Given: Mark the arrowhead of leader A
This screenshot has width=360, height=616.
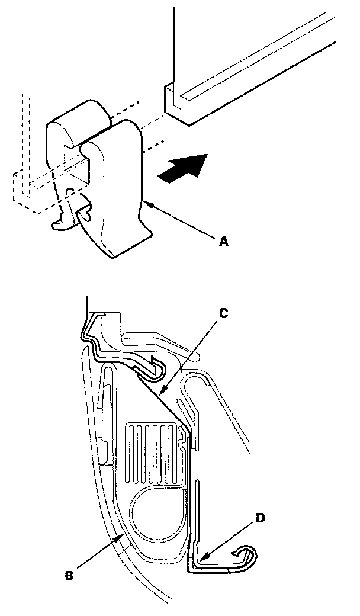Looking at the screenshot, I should coord(144,203).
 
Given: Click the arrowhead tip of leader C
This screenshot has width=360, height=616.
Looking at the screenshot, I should coord(161,392).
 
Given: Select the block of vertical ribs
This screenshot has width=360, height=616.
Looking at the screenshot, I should coord(152,450).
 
